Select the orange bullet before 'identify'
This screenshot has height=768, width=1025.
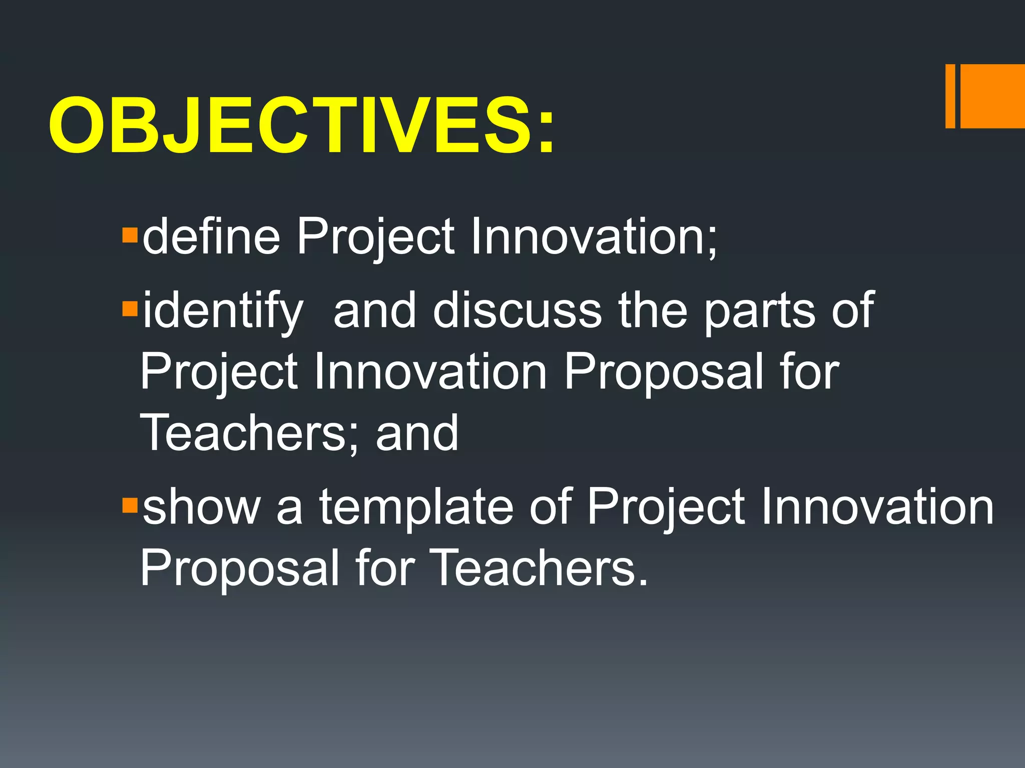pos(130,309)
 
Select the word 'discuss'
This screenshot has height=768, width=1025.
pos(517,310)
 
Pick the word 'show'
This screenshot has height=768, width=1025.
pos(202,507)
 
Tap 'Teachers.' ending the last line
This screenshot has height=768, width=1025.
pos(539,567)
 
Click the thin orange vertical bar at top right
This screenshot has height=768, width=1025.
pos(950,96)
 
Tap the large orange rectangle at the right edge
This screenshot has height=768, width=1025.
pos(992,96)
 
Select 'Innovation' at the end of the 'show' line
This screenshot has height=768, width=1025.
pos(877,507)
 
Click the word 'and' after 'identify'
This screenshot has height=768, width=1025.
pos(374,310)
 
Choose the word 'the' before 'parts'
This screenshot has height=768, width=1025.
pos(653,310)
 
